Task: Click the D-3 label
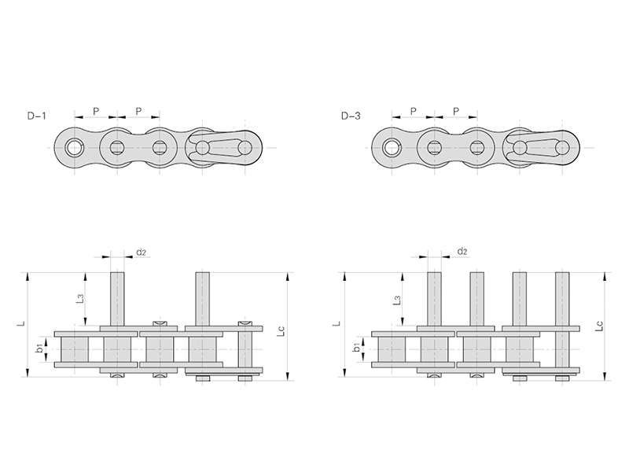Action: coord(351,116)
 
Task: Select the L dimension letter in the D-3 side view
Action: coord(337,323)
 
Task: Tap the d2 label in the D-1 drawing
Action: coord(142,253)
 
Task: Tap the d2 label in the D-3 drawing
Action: coord(462,252)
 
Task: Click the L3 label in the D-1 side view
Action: coord(79,299)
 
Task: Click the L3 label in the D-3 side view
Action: coord(397,300)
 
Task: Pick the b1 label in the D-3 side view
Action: coord(357,347)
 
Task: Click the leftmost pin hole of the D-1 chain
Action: coord(75,147)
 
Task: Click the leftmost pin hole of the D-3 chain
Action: coord(392,147)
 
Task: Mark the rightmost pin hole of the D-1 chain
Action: coord(245,147)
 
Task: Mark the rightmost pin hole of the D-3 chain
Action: coord(561,147)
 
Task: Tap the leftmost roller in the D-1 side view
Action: coord(75,348)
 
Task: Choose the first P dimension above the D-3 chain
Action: coord(413,111)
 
